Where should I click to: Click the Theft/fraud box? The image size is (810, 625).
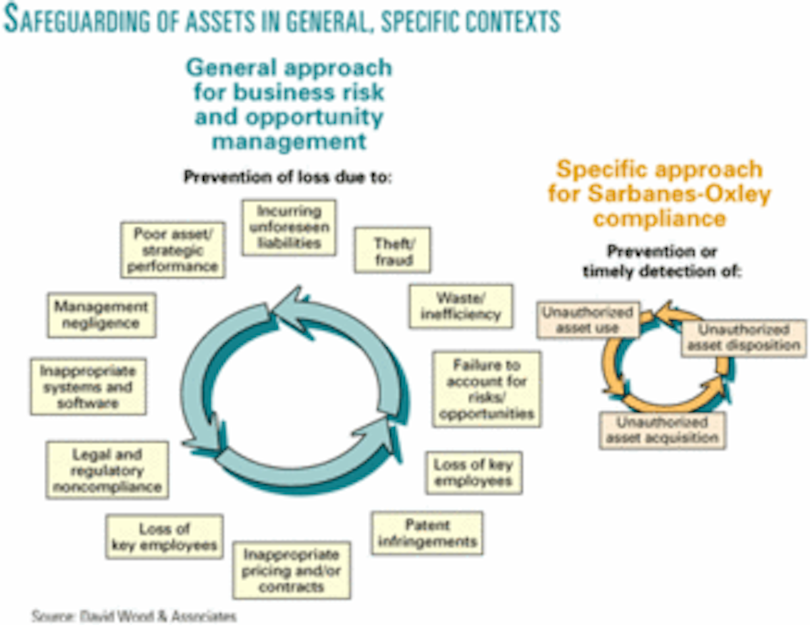392,251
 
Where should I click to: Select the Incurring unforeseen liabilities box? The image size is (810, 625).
289,227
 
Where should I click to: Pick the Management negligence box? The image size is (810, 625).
101,315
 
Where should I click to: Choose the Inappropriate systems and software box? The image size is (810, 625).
88,387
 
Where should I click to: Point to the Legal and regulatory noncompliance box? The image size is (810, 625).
108,469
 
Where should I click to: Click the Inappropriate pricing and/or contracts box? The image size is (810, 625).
292,570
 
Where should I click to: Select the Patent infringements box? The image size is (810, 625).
427,533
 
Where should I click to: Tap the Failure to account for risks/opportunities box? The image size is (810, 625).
486,389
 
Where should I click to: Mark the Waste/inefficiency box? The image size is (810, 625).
460,306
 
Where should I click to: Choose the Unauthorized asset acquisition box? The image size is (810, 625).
661,430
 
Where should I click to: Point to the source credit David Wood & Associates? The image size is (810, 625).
134,616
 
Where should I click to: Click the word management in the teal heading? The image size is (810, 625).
289,141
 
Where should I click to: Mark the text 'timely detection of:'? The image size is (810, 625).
661,272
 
